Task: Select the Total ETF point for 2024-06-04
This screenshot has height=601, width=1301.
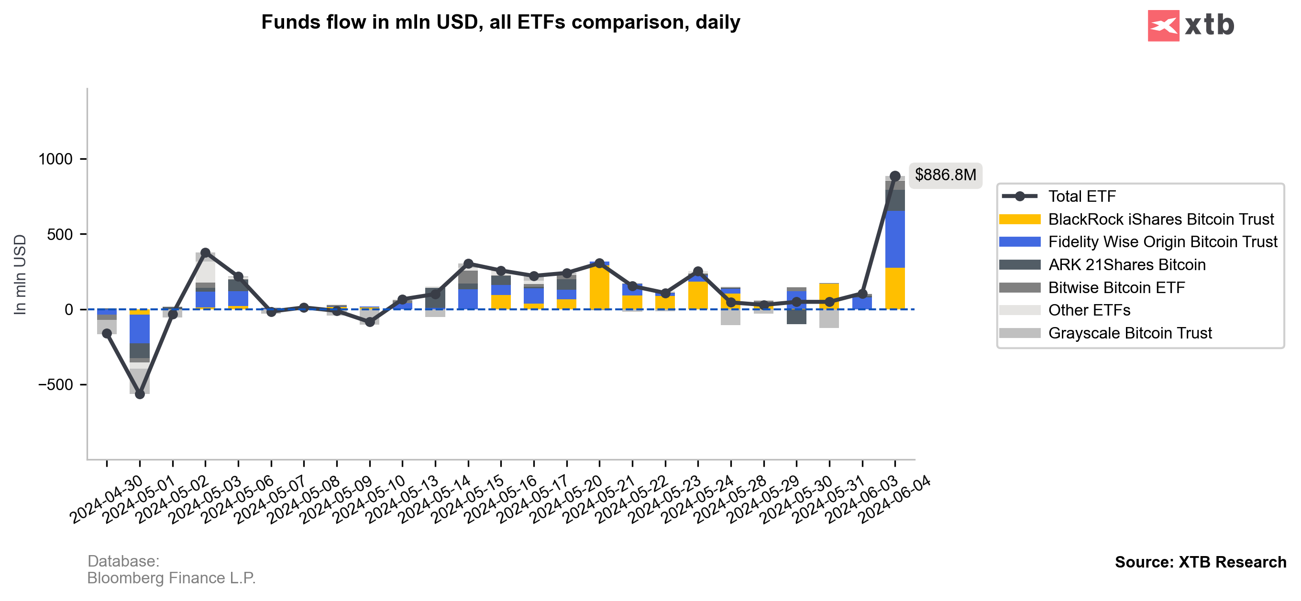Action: (x=895, y=176)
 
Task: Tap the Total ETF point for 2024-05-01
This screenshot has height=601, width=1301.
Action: (x=140, y=394)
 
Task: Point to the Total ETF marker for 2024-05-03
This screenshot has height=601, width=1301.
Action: (x=206, y=252)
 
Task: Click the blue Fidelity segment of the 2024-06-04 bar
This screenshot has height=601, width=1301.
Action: (x=895, y=239)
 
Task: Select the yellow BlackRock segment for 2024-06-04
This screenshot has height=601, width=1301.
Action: (x=895, y=288)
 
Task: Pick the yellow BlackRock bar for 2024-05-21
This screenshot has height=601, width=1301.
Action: (x=632, y=302)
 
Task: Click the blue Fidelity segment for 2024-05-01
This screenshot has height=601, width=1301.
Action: (x=140, y=329)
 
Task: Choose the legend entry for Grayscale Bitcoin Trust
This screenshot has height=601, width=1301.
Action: (x=1130, y=333)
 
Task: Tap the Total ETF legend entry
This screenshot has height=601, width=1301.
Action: (x=1081, y=197)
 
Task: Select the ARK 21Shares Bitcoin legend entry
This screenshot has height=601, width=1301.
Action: (x=1126, y=265)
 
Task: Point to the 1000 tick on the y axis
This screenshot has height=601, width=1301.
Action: (x=55, y=160)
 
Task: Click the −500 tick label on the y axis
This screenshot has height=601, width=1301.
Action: (x=55, y=385)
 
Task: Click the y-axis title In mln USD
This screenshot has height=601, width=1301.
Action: (x=20, y=274)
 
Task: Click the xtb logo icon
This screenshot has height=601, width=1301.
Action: (x=1163, y=25)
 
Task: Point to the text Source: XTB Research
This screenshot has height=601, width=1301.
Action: (x=1200, y=562)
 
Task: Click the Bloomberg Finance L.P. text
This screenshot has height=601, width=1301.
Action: (x=171, y=578)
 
